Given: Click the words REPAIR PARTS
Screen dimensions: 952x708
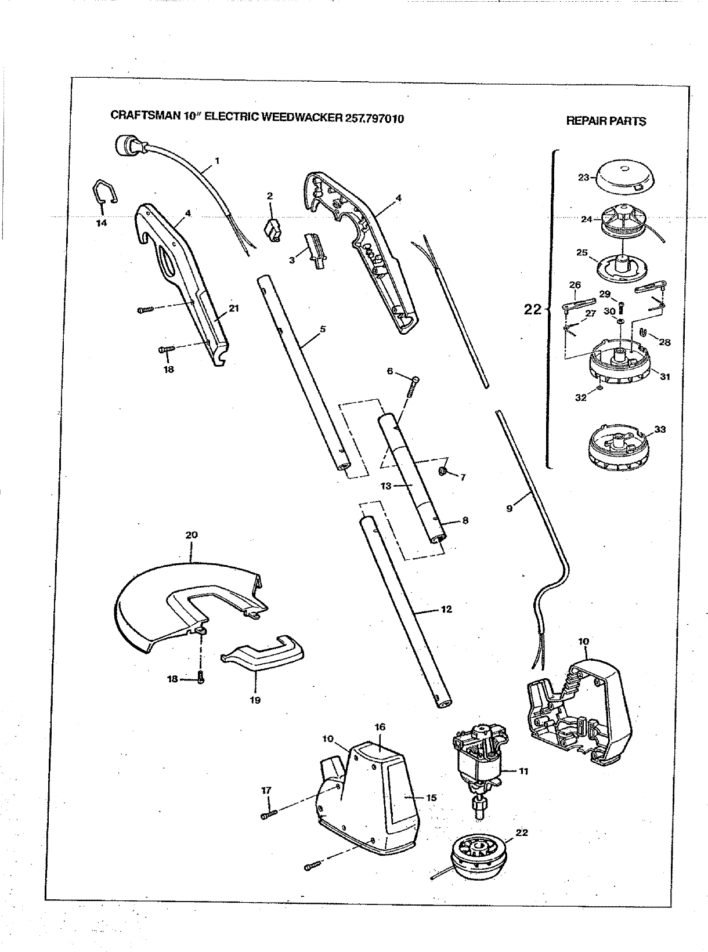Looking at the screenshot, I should click(x=605, y=121).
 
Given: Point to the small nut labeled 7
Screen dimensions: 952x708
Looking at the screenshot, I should click(x=443, y=470).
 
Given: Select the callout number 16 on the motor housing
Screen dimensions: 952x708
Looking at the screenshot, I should click(x=380, y=727).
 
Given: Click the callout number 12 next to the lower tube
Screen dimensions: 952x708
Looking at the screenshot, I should click(x=446, y=610).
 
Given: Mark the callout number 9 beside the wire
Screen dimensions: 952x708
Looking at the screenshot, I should click(x=509, y=509).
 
